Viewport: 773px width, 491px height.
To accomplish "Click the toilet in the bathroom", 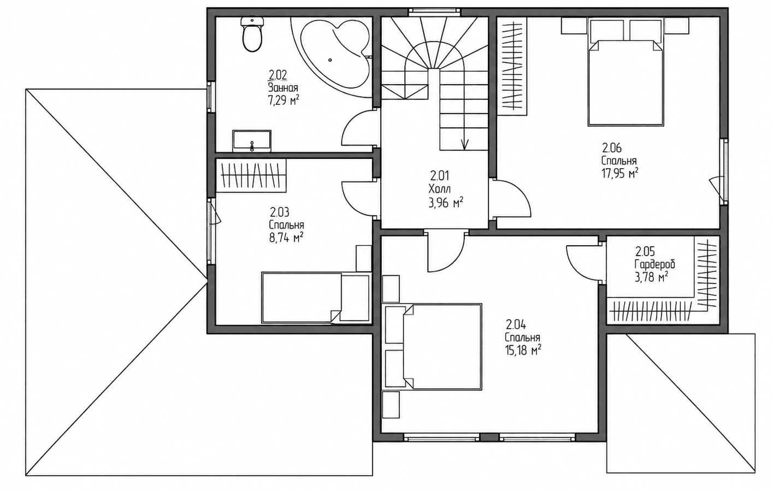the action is click(252, 34).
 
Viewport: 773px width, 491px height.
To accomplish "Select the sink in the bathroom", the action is click(252, 141).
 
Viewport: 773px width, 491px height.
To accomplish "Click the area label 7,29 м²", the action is click(284, 100).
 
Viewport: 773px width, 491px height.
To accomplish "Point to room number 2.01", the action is click(440, 176).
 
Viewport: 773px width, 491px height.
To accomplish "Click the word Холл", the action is click(440, 189).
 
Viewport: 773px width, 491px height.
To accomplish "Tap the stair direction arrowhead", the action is click(464, 145).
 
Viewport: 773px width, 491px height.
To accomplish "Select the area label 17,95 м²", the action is click(619, 173).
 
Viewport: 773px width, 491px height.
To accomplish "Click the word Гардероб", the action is click(654, 265).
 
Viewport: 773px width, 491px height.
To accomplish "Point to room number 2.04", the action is click(516, 324).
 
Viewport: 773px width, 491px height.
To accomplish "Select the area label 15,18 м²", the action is click(522, 351).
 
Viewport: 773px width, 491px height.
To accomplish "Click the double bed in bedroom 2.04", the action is click(433, 347).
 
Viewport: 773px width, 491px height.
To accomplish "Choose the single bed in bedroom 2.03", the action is click(316, 298).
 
